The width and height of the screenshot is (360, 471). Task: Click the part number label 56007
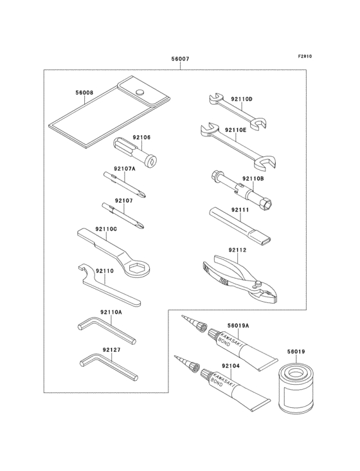pos(180,59)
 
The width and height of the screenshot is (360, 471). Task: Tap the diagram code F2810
pos(305,56)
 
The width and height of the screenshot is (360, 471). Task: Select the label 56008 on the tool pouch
pos(84,93)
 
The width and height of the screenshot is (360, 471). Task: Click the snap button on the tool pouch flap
pos(138,91)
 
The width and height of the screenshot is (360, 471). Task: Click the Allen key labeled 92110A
pos(106,329)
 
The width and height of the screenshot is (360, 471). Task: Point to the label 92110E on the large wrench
pos(236,129)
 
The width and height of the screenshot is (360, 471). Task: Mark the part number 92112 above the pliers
pos(237,250)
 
